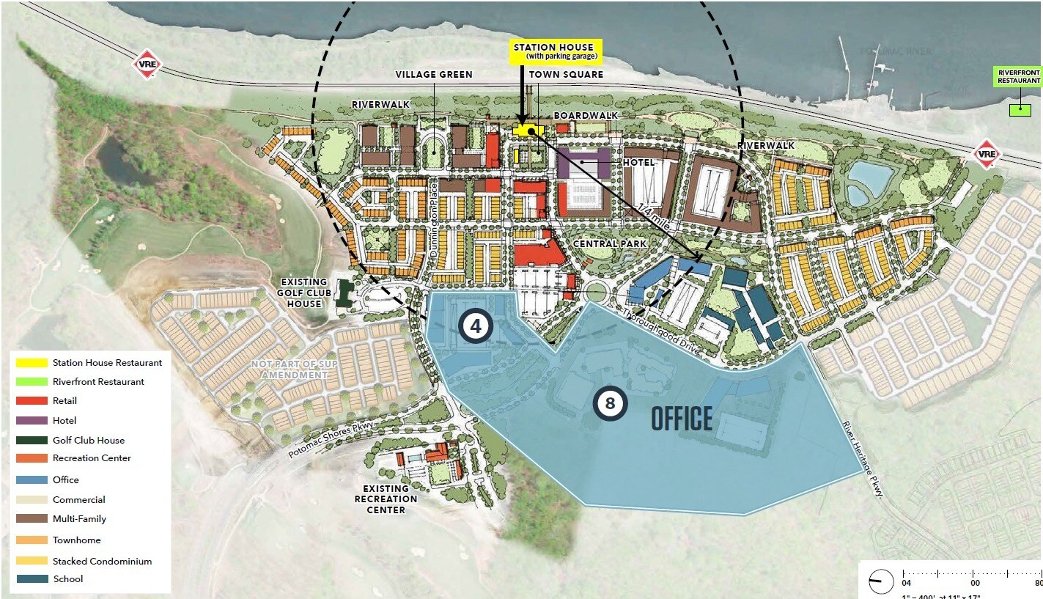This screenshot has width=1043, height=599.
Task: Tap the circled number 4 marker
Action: coord(476,327)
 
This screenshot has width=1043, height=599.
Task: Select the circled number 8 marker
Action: coord(610,403)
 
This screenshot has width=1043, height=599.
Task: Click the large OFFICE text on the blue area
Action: coord(682,419)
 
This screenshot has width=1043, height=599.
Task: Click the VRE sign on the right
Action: coord(987,154)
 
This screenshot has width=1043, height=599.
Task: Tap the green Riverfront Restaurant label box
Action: coord(1017,76)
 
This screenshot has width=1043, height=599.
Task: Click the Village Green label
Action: coord(434,75)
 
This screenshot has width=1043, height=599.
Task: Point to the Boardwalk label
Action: coord(586,116)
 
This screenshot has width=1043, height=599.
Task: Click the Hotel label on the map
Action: coord(638,162)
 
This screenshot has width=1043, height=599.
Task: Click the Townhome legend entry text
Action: coord(76,540)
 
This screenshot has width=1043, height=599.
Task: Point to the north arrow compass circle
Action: coord(880,581)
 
